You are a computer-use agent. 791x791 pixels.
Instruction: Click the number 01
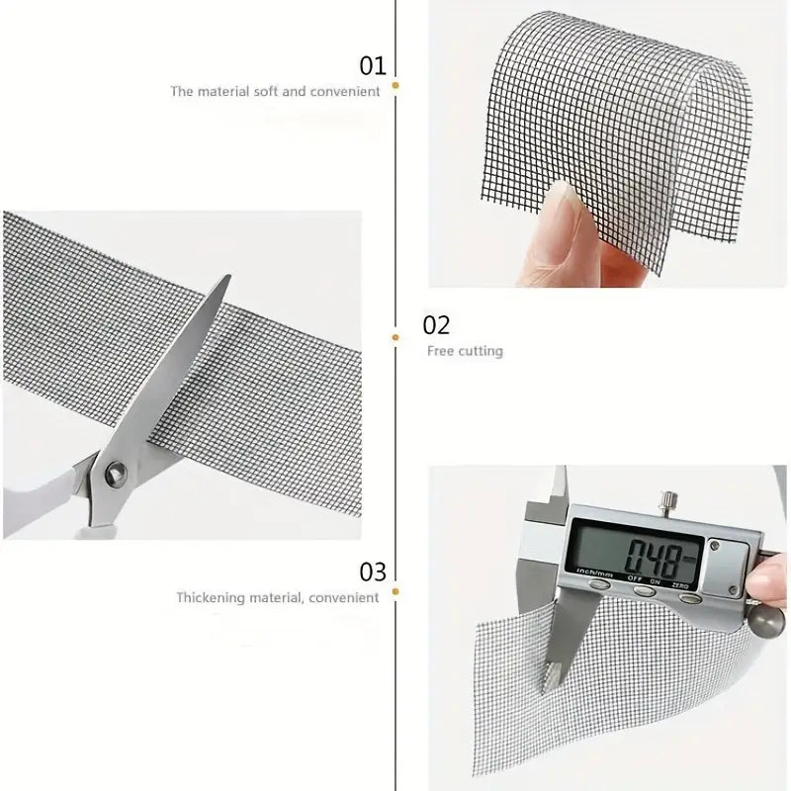[372, 66]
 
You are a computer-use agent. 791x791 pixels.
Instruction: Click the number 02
[436, 325]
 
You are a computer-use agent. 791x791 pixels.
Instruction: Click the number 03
[372, 571]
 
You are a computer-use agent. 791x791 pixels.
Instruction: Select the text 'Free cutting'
[465, 351]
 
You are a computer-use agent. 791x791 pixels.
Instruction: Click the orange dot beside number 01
[395, 87]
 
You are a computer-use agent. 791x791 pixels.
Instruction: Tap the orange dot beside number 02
[395, 337]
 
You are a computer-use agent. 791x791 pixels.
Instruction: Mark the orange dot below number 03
[395, 593]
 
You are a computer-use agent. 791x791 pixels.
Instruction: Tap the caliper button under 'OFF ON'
[644, 591]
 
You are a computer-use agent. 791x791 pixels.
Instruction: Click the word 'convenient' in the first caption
[346, 92]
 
